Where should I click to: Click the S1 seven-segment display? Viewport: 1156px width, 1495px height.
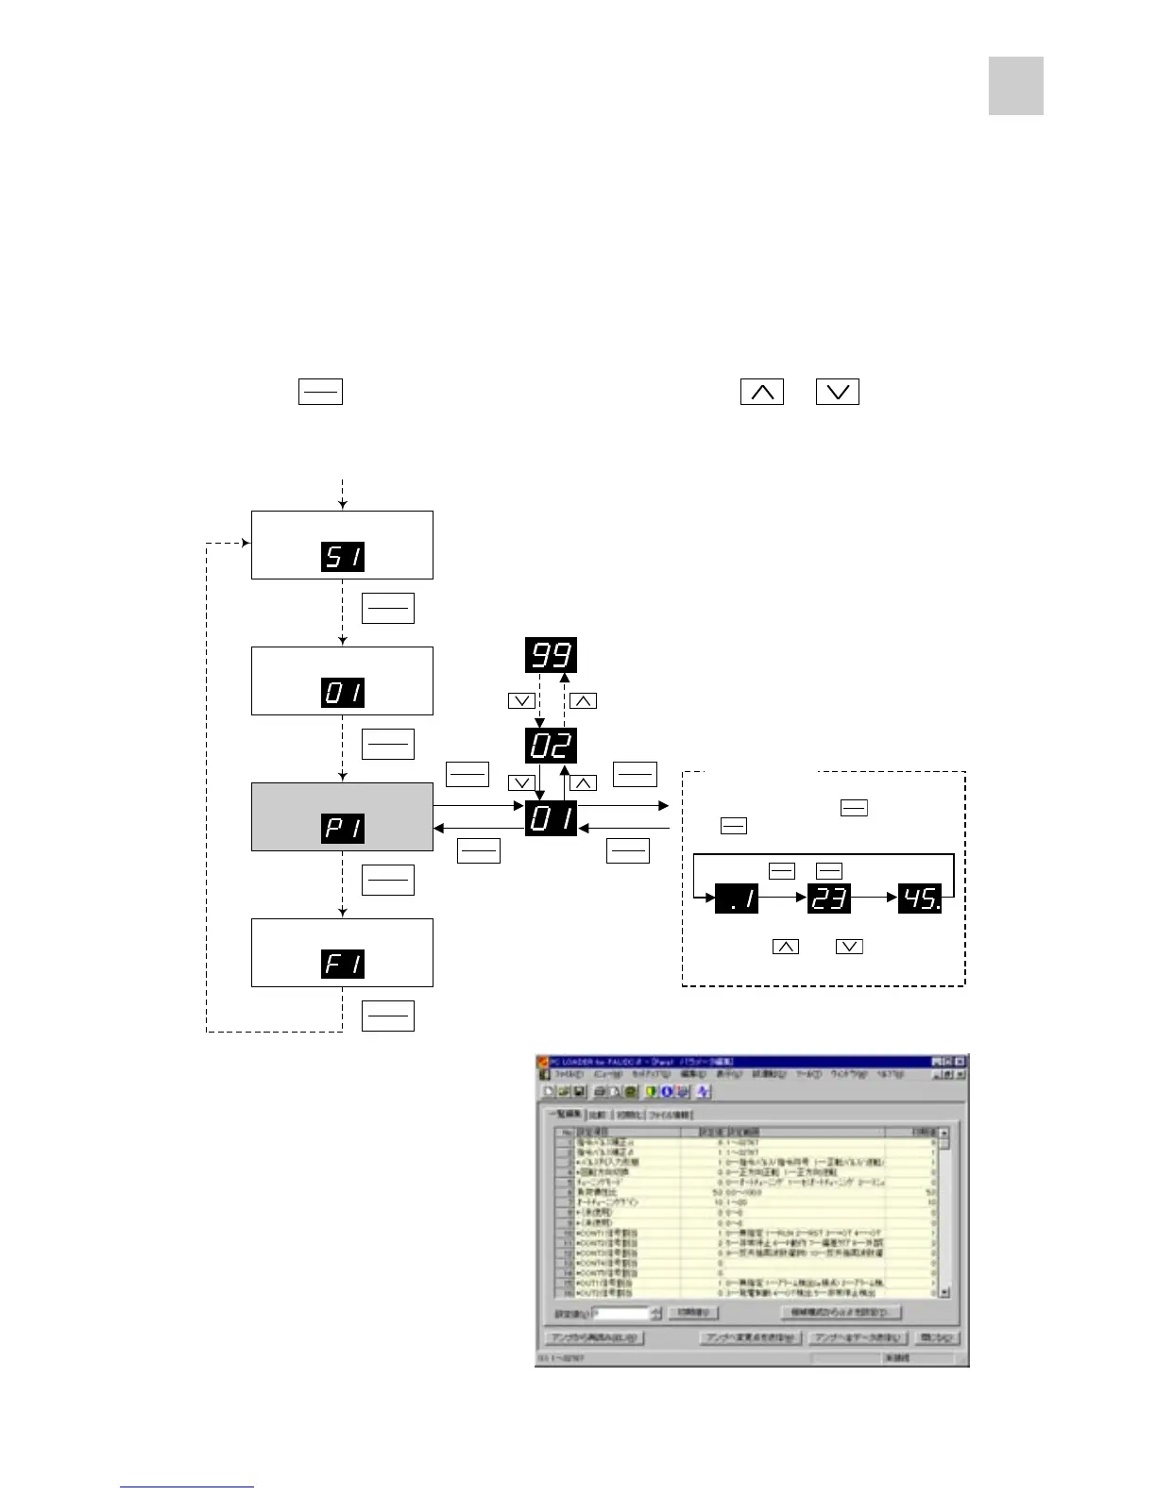[x=343, y=556]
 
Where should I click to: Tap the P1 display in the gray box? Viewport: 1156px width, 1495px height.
[x=343, y=828]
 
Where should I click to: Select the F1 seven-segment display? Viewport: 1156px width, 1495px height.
[x=343, y=964]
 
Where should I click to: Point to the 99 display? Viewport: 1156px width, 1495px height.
[x=551, y=655]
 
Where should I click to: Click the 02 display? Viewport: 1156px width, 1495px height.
[x=551, y=746]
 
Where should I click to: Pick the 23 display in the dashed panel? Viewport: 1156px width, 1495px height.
[x=829, y=899]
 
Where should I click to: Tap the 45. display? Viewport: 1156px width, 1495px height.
[x=920, y=899]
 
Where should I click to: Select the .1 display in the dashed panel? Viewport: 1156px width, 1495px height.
[x=738, y=899]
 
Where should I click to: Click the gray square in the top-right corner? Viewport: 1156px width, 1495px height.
[x=1015, y=86]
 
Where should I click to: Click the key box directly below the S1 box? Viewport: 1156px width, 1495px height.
[x=387, y=609]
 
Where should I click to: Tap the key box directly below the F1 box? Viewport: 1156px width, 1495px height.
[x=387, y=1016]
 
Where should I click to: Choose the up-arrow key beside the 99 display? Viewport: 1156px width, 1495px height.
[x=583, y=701]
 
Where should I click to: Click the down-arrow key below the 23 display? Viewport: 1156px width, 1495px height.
[x=849, y=946]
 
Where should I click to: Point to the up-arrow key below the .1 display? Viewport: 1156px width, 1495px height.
[x=785, y=946]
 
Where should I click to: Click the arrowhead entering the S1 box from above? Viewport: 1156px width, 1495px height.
[x=343, y=506]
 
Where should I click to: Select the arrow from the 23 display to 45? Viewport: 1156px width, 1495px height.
[x=875, y=899]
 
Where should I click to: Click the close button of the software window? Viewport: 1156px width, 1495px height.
[x=960, y=1062]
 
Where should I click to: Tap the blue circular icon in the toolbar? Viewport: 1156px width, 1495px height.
[x=666, y=1092]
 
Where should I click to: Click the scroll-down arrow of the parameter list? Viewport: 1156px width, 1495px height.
[x=944, y=1292]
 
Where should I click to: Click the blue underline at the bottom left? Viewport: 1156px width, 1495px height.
[x=187, y=1487]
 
